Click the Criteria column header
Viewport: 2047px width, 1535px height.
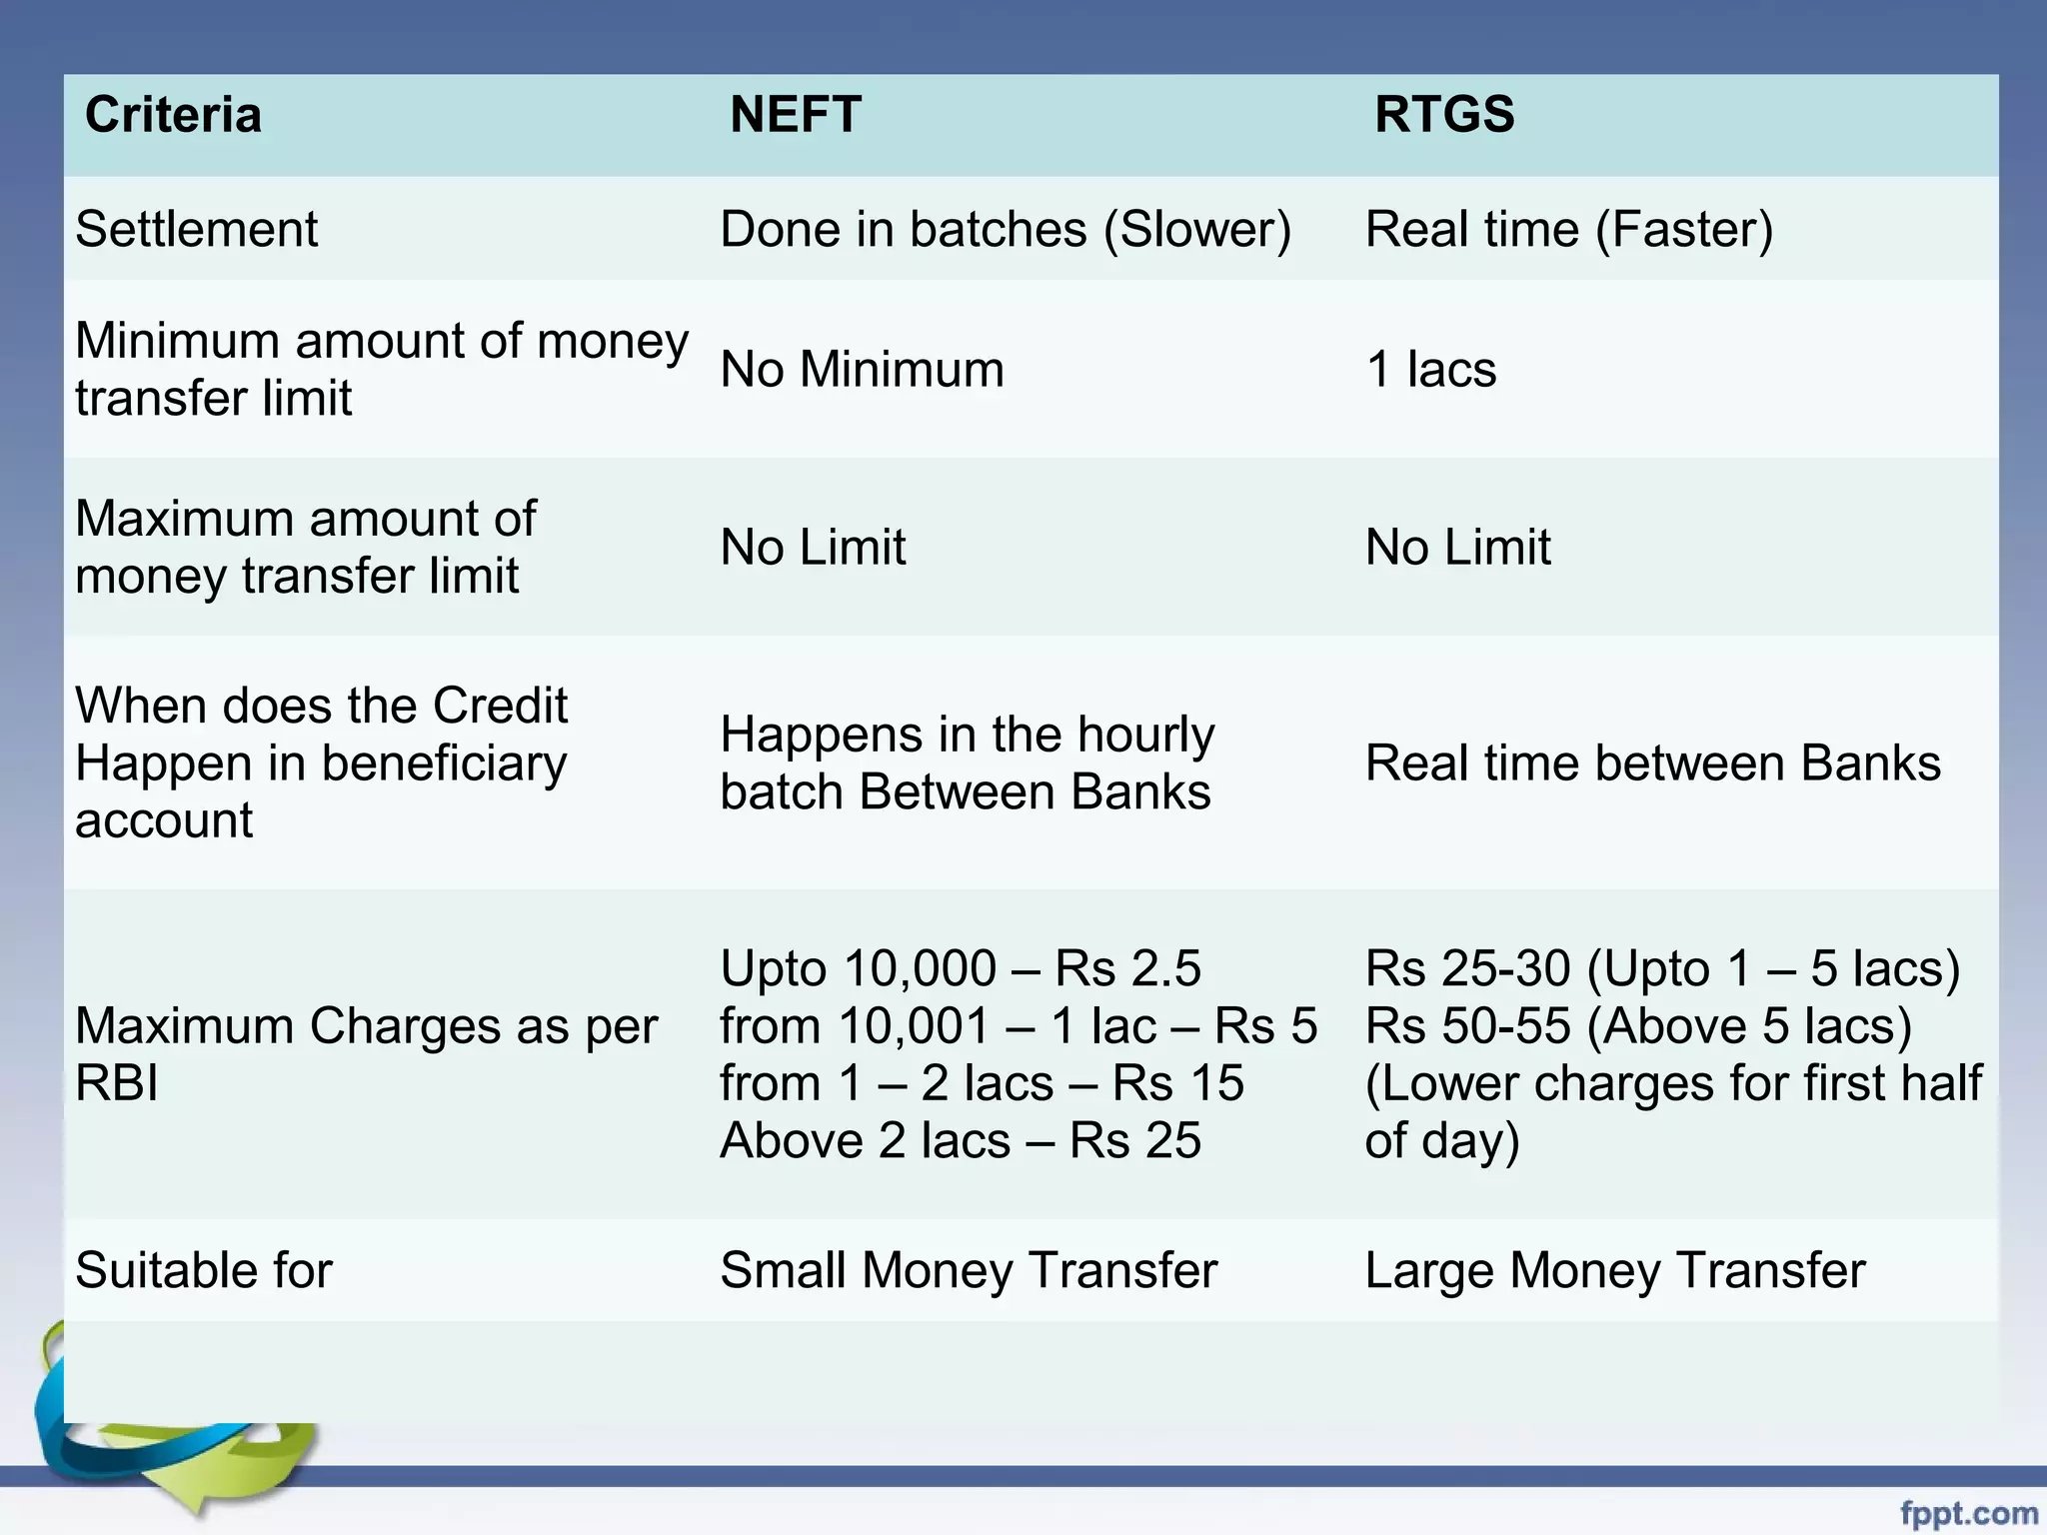point(173,115)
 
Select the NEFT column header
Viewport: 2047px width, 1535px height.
point(795,115)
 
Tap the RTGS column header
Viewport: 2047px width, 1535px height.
point(1444,115)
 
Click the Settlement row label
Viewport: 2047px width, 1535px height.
point(196,230)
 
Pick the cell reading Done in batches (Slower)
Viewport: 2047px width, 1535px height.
point(1006,230)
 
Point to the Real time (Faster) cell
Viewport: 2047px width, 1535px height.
point(1569,230)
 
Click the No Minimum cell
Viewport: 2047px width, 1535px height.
point(862,370)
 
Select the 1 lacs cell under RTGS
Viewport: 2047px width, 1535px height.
point(1430,370)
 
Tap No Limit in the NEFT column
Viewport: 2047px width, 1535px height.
point(813,548)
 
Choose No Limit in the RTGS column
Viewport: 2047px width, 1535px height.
point(1458,548)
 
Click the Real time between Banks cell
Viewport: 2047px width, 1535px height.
point(1653,764)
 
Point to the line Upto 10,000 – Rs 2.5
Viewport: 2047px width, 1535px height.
point(960,968)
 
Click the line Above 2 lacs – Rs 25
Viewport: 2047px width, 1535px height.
point(960,1141)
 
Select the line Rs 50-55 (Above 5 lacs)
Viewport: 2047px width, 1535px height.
point(1638,1026)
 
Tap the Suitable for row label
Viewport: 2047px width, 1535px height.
point(204,1271)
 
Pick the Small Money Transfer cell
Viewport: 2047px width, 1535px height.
point(969,1271)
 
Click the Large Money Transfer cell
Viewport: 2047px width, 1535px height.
point(1615,1271)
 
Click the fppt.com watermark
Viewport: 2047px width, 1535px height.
point(1968,1514)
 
